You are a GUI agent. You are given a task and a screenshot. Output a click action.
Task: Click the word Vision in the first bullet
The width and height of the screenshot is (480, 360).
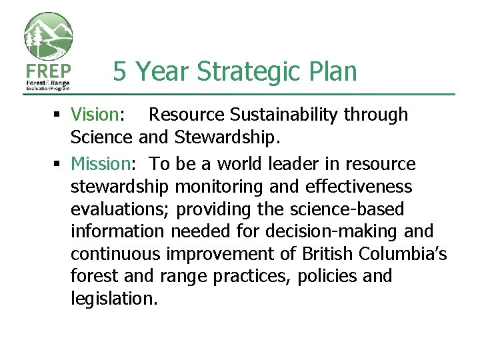(95, 115)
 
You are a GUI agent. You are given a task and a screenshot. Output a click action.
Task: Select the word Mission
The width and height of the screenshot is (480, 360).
(99, 164)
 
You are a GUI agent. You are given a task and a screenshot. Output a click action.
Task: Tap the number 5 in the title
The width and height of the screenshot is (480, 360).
(120, 71)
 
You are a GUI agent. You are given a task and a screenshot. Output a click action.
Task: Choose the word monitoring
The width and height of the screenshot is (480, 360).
(216, 187)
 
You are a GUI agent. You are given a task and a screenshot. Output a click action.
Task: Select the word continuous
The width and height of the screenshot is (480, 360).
(116, 255)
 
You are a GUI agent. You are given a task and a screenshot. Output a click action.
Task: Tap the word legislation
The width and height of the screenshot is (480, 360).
(113, 299)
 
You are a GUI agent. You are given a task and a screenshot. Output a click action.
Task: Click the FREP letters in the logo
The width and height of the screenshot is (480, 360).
(48, 70)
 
